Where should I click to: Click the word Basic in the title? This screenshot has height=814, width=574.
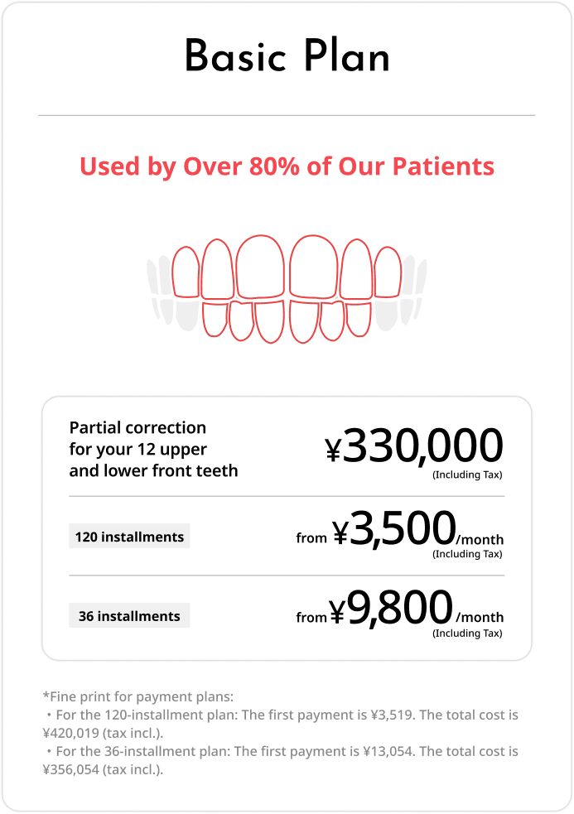[234, 58]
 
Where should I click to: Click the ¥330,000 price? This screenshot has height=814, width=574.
[414, 447]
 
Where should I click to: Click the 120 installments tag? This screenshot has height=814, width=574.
[129, 537]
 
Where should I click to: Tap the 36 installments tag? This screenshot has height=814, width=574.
[129, 616]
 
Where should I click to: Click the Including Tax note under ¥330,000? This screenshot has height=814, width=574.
[467, 474]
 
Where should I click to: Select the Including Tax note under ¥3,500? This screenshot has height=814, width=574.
[467, 554]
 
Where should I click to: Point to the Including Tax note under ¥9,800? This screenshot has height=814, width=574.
[467, 633]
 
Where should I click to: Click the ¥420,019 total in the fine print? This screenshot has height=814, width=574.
[73, 732]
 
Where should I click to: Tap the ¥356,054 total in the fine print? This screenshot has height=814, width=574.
[73, 769]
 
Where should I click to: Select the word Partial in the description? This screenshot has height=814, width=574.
[94, 428]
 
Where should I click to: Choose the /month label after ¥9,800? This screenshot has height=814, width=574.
[480, 617]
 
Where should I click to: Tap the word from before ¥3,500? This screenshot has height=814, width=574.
[311, 538]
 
